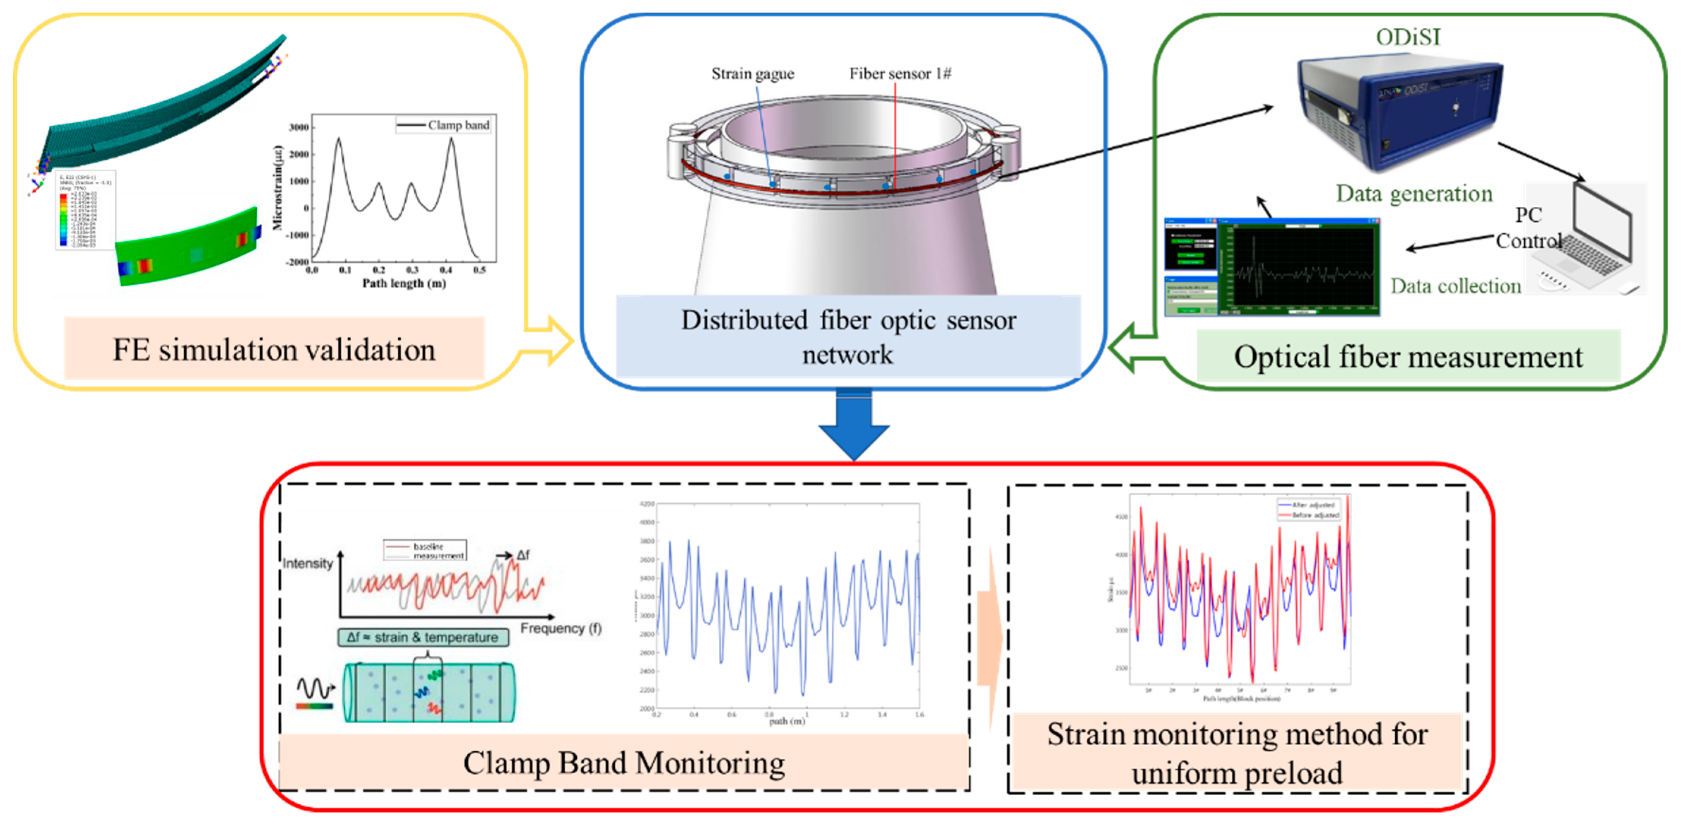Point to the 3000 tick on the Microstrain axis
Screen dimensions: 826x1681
(299, 127)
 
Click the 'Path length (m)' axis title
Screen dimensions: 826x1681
(404, 283)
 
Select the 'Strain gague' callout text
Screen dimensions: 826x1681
(752, 74)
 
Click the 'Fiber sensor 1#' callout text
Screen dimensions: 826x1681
(900, 74)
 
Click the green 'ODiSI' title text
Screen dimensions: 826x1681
(1407, 37)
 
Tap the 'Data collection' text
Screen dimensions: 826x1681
(1455, 286)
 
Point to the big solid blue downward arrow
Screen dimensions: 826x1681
(853, 427)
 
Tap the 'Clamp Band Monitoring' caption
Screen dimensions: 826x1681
(624, 763)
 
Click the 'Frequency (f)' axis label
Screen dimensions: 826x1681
(560, 628)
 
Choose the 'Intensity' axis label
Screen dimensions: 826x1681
(307, 563)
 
